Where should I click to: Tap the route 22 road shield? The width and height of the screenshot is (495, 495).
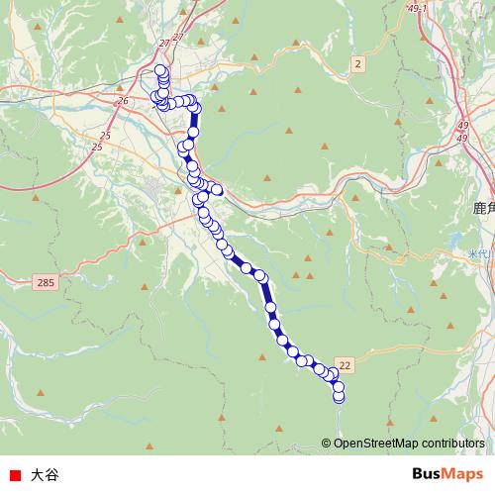click(345, 365)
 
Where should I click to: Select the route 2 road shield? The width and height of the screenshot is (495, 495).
click(356, 64)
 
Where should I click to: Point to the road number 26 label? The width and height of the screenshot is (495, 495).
click(123, 101)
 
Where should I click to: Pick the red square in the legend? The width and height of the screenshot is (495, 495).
click(14, 474)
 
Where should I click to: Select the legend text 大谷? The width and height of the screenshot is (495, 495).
click(45, 474)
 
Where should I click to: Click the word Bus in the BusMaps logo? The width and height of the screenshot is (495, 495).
click(428, 474)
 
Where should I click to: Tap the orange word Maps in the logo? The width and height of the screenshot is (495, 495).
click(465, 474)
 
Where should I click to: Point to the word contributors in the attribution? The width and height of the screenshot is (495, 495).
click(451, 444)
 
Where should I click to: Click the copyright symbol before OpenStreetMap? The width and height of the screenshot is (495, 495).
click(327, 444)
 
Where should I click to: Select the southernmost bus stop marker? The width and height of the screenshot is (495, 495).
click(339, 398)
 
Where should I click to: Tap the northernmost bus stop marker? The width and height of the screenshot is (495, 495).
click(160, 70)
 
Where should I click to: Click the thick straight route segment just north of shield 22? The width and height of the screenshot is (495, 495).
click(266, 292)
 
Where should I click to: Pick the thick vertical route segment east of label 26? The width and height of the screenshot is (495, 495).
click(195, 124)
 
